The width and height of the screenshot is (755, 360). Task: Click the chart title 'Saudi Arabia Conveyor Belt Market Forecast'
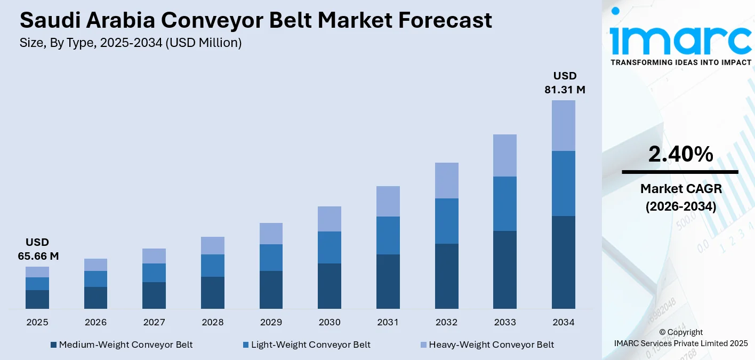(256, 20)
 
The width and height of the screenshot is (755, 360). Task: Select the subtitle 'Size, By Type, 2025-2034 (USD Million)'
(131, 43)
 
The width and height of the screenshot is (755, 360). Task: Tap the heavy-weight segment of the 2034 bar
(563, 126)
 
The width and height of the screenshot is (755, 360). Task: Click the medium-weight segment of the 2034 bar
(563, 262)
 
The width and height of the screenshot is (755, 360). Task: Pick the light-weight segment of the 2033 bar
(505, 204)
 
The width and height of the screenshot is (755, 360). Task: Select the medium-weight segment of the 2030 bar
(330, 286)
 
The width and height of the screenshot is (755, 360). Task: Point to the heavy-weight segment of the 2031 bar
(388, 202)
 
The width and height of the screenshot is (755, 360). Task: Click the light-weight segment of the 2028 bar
(212, 266)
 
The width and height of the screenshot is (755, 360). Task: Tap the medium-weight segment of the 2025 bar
(37, 299)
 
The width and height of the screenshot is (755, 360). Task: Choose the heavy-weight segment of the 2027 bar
(154, 256)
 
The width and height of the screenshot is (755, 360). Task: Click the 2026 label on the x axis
(95, 322)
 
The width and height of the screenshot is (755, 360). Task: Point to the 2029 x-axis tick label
(271, 322)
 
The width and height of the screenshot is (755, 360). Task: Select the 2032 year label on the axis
(446, 322)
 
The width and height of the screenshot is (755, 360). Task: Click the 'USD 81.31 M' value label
(565, 83)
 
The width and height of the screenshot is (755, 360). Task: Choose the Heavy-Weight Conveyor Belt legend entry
(486, 345)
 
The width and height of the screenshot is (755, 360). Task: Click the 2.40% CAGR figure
(680, 154)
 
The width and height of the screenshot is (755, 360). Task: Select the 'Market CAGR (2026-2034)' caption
(680, 197)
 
